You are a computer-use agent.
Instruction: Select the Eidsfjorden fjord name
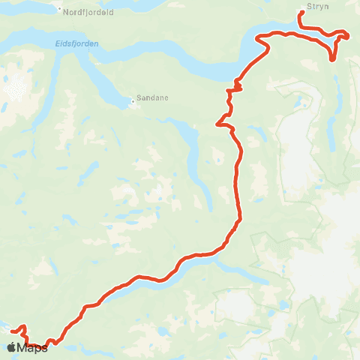point(76,43)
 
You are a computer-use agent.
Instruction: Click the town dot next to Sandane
point(133,100)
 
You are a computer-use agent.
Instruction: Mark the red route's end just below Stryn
point(301,13)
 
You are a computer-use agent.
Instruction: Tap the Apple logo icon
point(12,346)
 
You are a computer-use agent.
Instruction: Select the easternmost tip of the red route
point(348,34)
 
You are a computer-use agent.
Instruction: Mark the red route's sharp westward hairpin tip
point(217,124)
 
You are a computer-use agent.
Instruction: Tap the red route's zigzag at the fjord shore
point(235,88)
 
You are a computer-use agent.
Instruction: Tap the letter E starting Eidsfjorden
point(58,43)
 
